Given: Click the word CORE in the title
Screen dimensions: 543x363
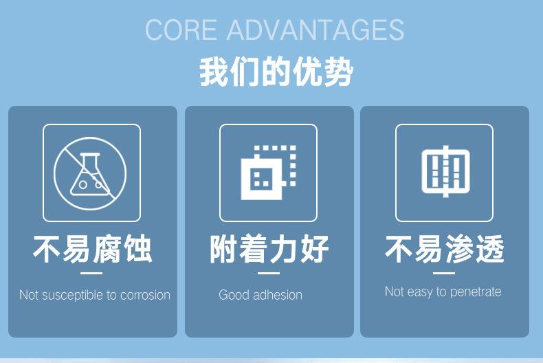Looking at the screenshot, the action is (x=181, y=30).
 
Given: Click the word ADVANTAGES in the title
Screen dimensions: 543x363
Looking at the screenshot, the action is (x=315, y=30).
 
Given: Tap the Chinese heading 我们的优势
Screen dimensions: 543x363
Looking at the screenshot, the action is (x=276, y=72).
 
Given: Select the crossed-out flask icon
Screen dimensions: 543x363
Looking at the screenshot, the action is (x=90, y=173).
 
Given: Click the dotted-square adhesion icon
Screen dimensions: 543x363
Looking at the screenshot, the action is (x=268, y=173).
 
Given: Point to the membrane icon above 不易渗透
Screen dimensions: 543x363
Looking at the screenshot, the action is (x=445, y=171).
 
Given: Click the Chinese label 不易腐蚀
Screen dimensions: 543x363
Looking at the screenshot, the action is (x=93, y=249).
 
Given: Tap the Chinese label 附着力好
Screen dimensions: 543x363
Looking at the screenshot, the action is (x=269, y=249).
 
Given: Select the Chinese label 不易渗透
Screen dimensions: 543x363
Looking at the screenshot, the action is (x=445, y=249).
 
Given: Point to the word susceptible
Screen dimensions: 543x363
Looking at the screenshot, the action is (x=72, y=295).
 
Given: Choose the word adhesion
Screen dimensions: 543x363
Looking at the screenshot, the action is (x=278, y=295).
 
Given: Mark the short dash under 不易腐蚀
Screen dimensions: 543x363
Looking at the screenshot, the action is (x=91, y=274).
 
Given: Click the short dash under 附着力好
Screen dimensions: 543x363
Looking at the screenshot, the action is (x=268, y=274).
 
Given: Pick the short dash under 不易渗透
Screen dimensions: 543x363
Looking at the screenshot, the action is (x=444, y=274).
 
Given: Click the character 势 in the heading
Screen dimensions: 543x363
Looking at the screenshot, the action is (x=338, y=72).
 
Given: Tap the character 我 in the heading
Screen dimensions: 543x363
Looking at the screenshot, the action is (x=214, y=72).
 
